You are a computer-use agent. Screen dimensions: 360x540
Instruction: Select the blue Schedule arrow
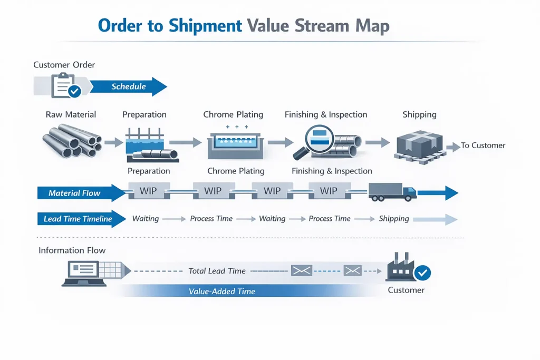pos(129,86)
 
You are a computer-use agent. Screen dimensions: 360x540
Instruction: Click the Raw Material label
pos(71,114)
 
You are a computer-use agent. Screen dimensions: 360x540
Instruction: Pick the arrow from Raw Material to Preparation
pos(113,142)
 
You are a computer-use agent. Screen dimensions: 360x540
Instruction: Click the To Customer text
pos(483,145)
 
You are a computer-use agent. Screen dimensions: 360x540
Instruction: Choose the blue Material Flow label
pos(74,193)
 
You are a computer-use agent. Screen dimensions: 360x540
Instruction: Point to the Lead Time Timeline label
pos(78,219)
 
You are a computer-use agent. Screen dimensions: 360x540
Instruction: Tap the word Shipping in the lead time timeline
pos(393,219)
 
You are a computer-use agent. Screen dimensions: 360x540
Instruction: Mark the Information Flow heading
pos(72,250)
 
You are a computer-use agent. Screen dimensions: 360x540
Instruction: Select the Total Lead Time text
pos(217,271)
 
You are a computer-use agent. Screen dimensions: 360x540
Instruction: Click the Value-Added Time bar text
pos(222,291)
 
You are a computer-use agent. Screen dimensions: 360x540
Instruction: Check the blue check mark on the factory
pos(423,273)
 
